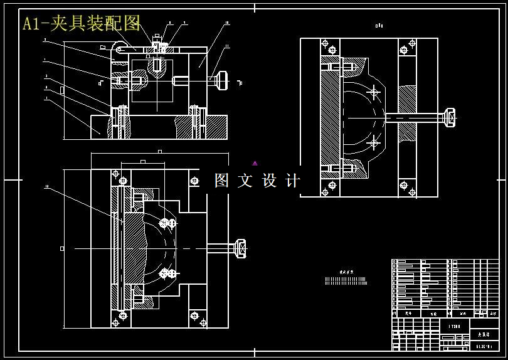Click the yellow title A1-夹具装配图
point(82,24)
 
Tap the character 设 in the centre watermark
point(269,181)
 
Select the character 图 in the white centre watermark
point(222,181)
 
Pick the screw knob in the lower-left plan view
point(240,248)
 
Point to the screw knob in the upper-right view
point(449,117)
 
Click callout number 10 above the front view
point(226,23)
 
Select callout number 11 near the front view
point(228,46)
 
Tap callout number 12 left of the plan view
point(46,186)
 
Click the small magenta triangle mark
point(255,164)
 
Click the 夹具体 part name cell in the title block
point(484,335)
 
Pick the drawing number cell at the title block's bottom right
point(484,346)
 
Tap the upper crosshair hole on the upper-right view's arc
point(374,93)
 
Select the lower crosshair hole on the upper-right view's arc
point(374,143)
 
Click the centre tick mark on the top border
point(255,8)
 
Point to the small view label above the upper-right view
point(379,26)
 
